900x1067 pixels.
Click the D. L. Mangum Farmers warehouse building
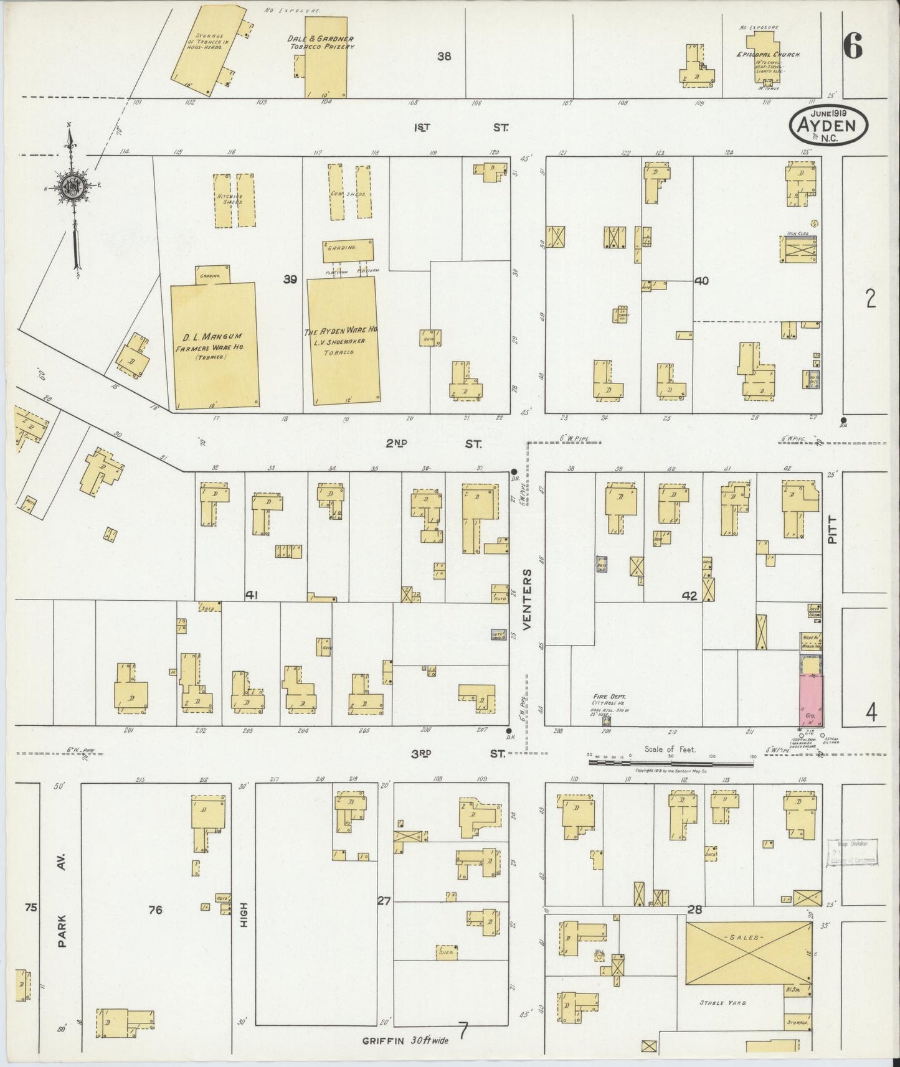coord(214,345)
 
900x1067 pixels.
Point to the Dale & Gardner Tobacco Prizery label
coord(321,42)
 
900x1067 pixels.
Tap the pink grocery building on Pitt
coord(811,700)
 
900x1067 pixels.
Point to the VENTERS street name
coord(527,599)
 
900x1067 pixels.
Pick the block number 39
coord(290,280)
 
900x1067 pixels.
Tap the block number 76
coord(155,910)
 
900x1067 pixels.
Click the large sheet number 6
coord(853,45)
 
